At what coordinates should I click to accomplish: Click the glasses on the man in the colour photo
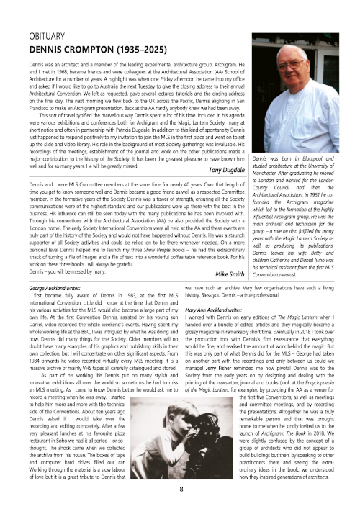293,66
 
